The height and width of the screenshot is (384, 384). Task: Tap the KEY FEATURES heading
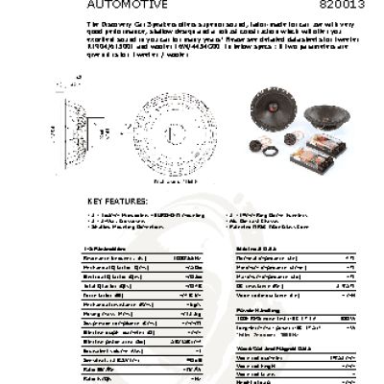pos(120,201)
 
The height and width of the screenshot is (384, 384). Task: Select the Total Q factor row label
pos(105,285)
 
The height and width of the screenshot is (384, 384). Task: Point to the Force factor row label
pos(99,295)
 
